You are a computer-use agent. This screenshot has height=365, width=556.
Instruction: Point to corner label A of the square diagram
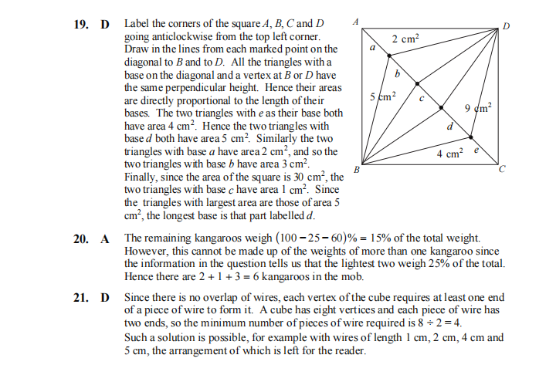tap(354, 23)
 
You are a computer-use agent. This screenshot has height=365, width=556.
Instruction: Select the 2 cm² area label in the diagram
tap(405, 39)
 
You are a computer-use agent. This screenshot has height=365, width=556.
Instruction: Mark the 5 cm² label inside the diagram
tap(383, 96)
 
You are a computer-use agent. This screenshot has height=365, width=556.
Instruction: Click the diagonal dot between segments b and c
tap(418, 83)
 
